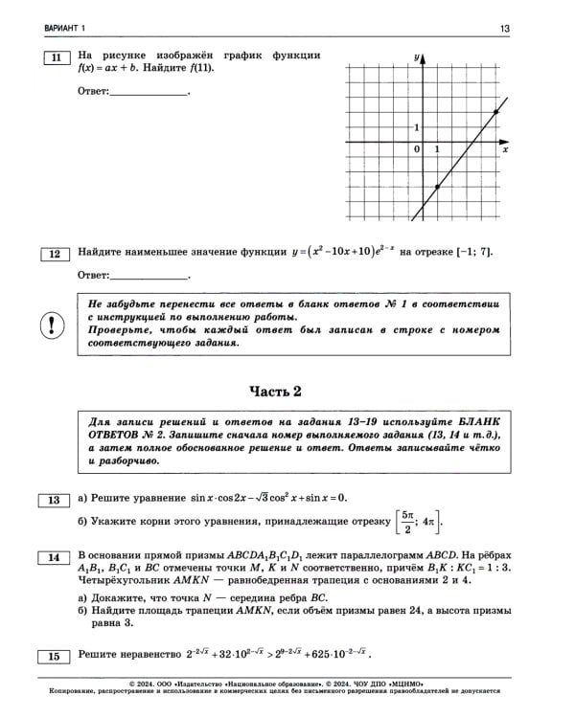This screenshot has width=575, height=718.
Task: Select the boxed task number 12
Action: point(55,254)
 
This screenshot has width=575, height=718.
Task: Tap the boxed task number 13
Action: point(55,500)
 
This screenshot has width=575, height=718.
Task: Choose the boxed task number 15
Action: point(55,656)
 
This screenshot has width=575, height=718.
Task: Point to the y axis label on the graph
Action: point(418,58)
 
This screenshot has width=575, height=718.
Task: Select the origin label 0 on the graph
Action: point(416,150)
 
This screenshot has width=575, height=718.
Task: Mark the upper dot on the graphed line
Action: point(494,113)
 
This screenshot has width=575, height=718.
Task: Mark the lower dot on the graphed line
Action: point(437,188)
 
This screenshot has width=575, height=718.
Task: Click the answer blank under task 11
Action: point(149,92)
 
